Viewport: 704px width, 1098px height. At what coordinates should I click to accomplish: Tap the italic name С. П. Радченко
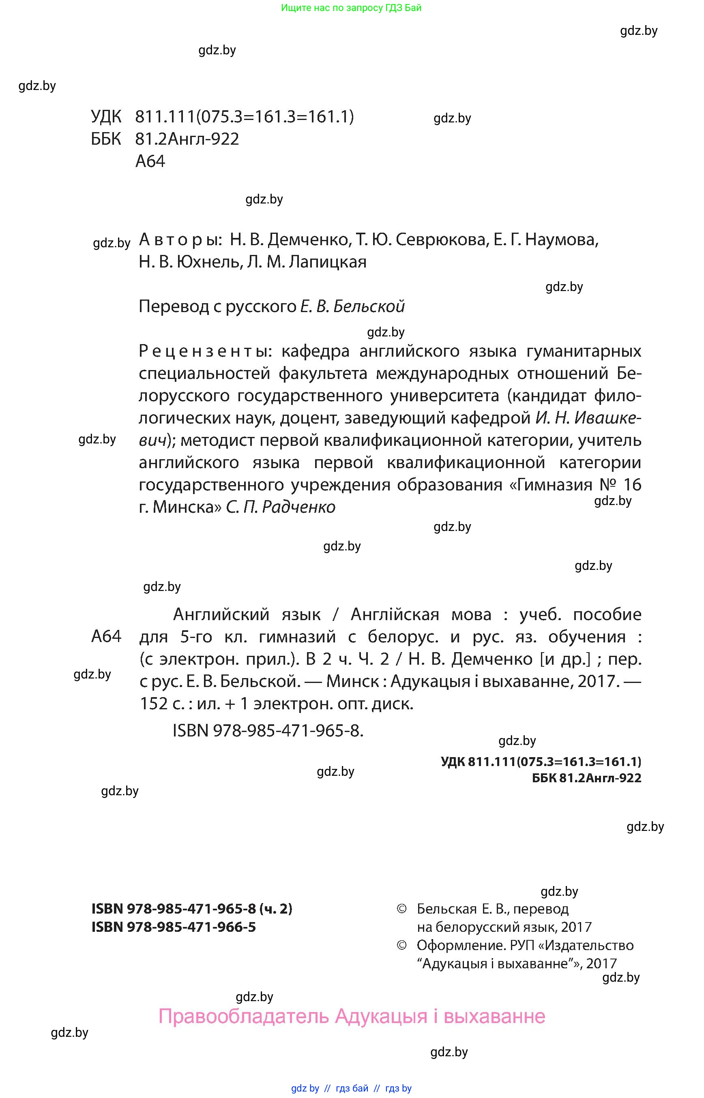point(281,507)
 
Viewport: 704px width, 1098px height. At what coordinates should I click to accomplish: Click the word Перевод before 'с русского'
point(174,306)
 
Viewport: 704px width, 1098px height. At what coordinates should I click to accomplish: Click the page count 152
point(154,704)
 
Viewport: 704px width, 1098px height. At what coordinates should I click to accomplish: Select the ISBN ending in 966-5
point(174,927)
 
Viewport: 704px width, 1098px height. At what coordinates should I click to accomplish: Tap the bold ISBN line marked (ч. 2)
point(191,908)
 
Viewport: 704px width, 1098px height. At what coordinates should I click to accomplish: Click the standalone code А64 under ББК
point(150,161)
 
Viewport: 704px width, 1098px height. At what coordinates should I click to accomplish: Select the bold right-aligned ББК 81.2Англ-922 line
point(586,778)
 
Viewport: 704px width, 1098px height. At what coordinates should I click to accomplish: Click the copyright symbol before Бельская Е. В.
point(401,909)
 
